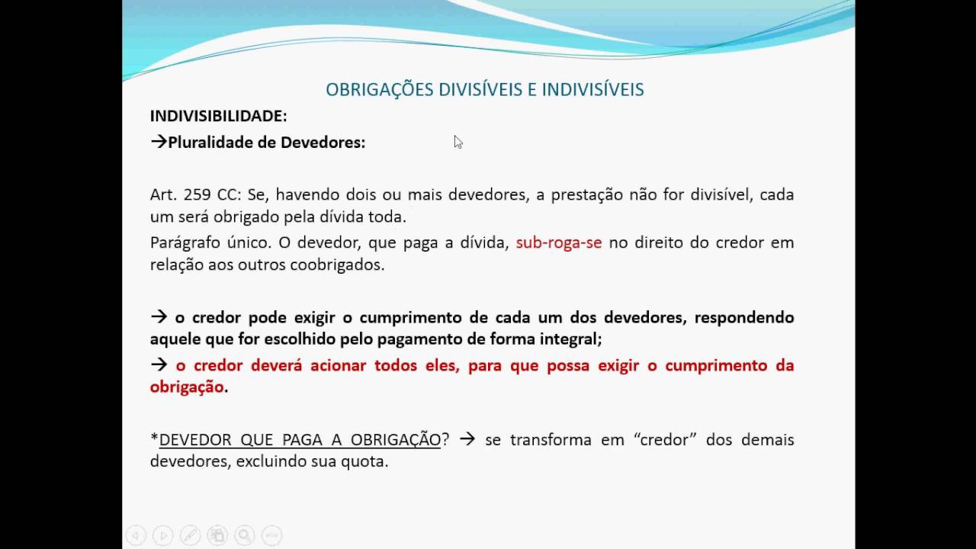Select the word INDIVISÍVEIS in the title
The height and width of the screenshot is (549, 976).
pyautogui.click(x=592, y=90)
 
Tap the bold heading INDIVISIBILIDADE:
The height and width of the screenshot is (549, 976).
pyautogui.click(x=218, y=117)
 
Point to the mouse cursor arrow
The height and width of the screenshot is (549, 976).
pyautogui.click(x=457, y=142)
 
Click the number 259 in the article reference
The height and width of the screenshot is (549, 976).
pyautogui.click(x=197, y=194)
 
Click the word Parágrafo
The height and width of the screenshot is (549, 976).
pyautogui.click(x=186, y=243)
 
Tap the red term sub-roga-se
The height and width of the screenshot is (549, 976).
pyautogui.click(x=559, y=243)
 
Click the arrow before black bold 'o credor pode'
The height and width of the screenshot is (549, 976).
pyautogui.click(x=159, y=317)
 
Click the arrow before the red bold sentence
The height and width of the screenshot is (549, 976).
pyautogui.click(x=159, y=365)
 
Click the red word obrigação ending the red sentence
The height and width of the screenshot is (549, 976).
pyautogui.click(x=187, y=387)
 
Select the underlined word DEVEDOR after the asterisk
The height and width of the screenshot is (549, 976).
pyautogui.click(x=195, y=440)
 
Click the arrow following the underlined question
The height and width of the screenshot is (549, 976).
pyautogui.click(x=467, y=440)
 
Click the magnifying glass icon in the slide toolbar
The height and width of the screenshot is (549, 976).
pyautogui.click(x=244, y=536)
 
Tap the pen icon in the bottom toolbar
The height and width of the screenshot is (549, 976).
pyautogui.click(x=190, y=536)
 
